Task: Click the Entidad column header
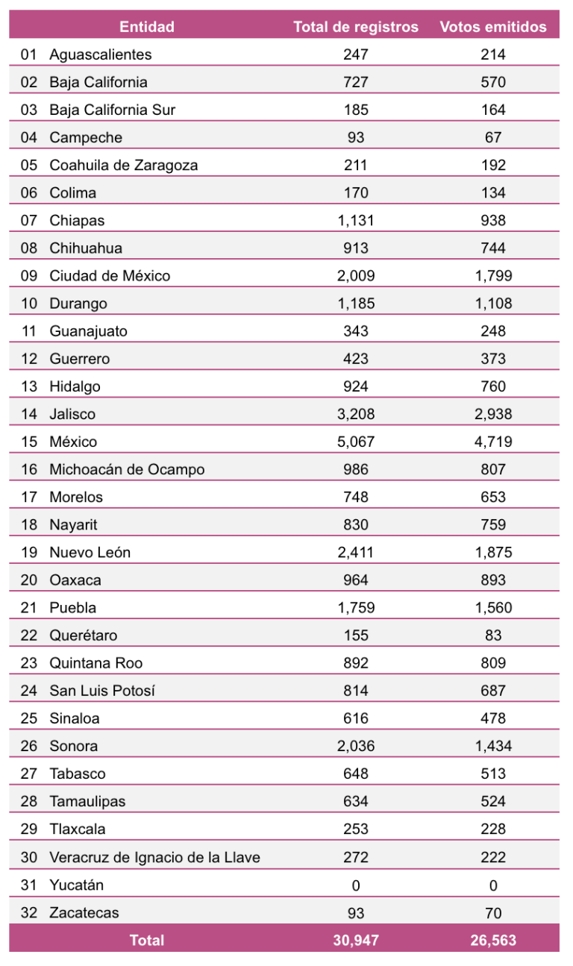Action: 147,27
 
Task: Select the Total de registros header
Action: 356,27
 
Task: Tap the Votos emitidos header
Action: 493,27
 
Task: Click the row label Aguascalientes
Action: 101,54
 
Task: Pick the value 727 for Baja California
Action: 356,82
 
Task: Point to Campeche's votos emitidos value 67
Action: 493,137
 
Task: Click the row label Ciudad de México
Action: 110,275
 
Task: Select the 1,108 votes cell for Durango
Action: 493,304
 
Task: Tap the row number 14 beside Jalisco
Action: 29,414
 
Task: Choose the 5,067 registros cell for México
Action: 356,442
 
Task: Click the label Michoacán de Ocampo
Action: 127,469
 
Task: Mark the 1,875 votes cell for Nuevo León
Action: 493,553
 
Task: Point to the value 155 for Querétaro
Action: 356,636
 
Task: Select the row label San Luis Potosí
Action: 101,691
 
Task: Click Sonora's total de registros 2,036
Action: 356,746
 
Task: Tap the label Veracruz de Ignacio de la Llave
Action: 155,857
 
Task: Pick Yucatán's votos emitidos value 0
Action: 493,885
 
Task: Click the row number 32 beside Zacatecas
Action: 29,912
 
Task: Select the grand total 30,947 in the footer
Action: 356,940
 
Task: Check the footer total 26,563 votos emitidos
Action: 493,940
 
